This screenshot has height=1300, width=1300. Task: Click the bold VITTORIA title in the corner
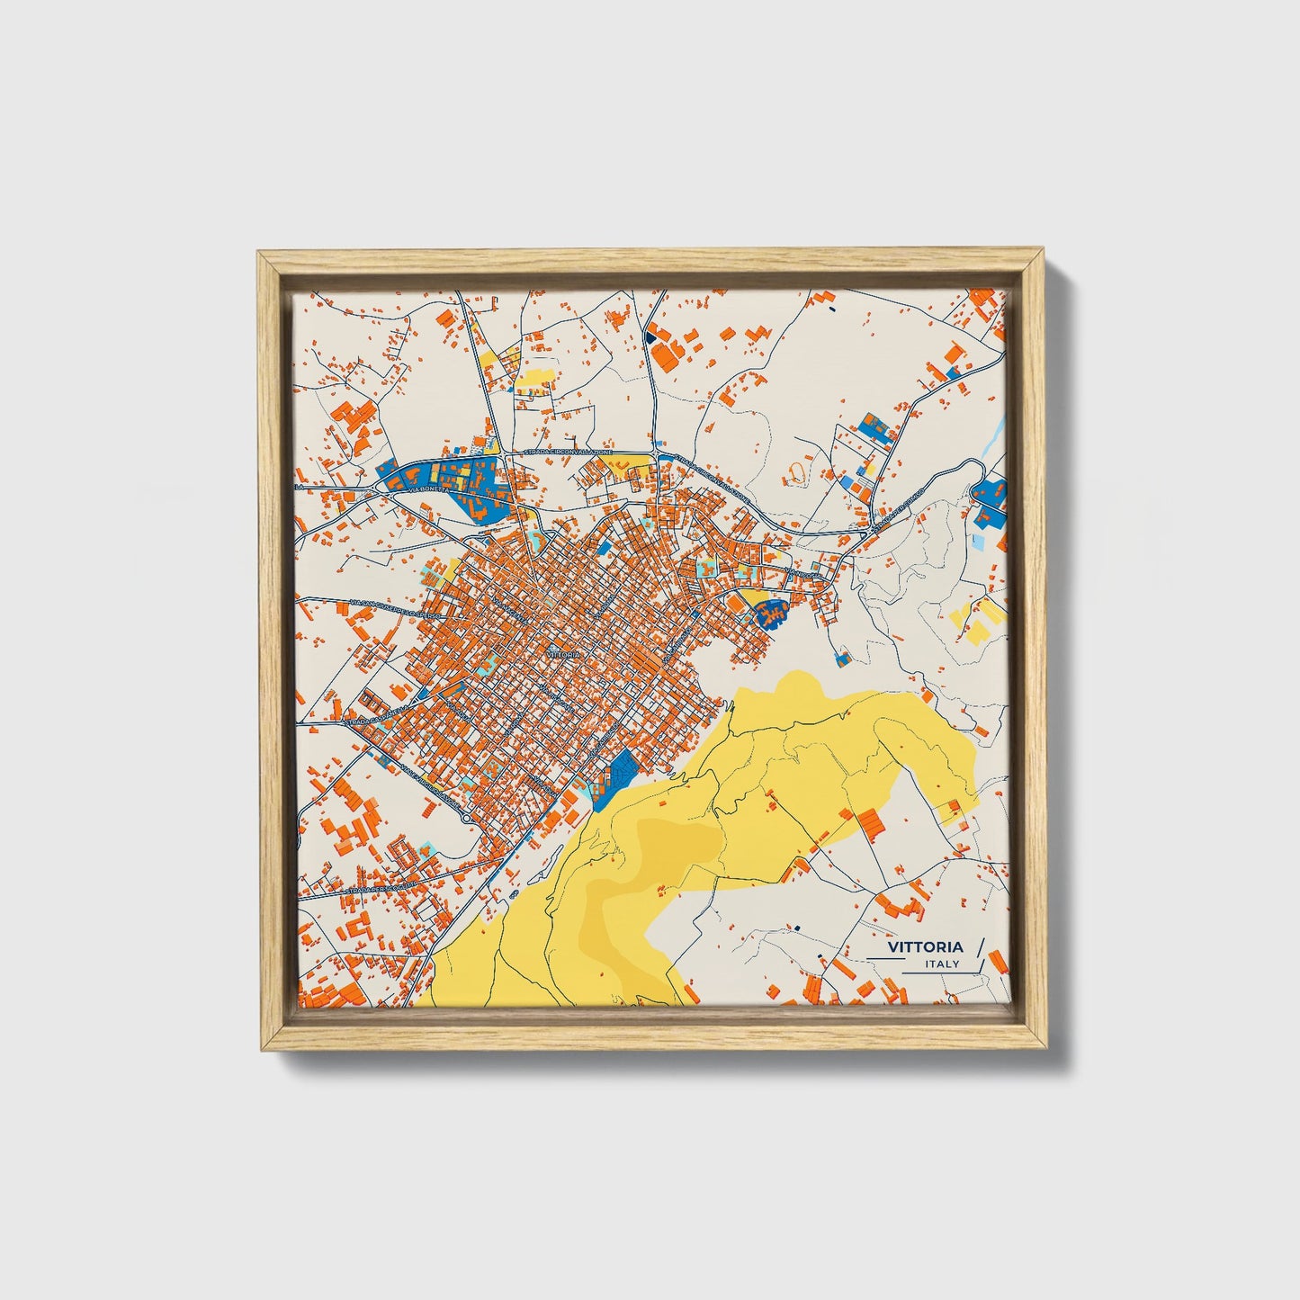[925, 947]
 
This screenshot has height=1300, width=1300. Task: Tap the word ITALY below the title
[942, 964]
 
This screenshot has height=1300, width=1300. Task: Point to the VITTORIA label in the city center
[563, 655]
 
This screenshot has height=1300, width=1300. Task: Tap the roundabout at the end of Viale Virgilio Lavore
[465, 819]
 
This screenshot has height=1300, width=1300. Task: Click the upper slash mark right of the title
[980, 946]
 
